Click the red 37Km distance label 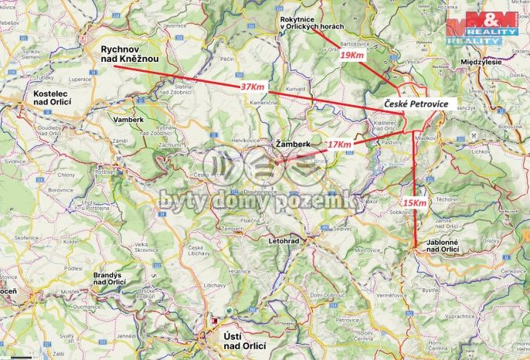[x=253, y=87]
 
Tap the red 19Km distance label [x=352, y=56]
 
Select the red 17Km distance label [x=338, y=144]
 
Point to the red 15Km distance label [x=414, y=203]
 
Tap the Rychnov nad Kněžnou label [x=130, y=55]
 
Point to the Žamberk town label [x=291, y=144]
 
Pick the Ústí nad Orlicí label [x=237, y=345]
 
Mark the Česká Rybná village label [x=209, y=175]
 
